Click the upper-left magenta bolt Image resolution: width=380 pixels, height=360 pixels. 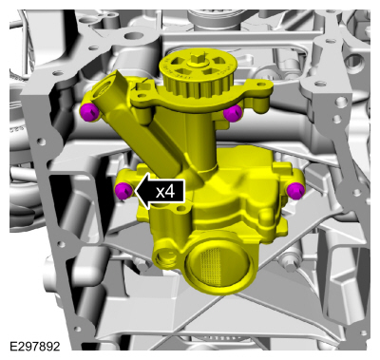88,112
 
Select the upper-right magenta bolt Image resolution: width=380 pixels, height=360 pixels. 233,113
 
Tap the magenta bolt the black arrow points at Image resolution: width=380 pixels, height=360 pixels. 123,191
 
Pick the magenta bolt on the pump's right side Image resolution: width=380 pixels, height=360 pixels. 295,191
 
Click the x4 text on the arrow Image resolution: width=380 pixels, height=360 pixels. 165,191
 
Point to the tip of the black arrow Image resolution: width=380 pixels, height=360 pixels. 135,191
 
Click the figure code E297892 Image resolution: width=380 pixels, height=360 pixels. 35,347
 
